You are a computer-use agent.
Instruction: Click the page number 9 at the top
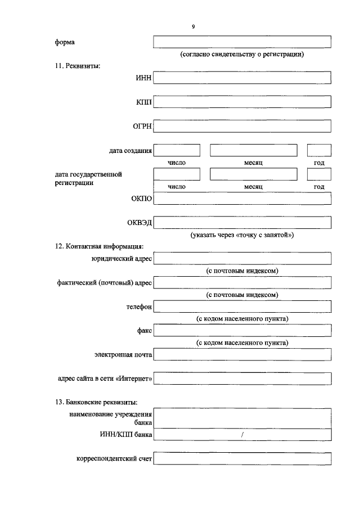coord(193,26)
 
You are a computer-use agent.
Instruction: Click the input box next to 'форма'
coord(242,42)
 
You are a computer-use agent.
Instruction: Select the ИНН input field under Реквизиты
coord(242,78)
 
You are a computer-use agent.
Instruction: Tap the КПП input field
coord(242,102)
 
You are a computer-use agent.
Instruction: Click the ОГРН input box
coord(242,126)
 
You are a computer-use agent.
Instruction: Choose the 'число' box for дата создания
coord(177,150)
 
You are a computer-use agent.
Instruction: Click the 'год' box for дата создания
coord(319,150)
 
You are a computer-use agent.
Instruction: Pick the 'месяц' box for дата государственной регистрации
coord(253,174)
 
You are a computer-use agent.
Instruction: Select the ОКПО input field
coord(242,199)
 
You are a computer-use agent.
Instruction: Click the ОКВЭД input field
coord(242,223)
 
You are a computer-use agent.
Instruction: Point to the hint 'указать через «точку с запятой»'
coord(242,235)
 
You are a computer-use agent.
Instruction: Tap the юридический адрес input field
coord(242,259)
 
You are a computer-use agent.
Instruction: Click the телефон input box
coord(242,307)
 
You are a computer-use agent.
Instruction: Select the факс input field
coord(242,331)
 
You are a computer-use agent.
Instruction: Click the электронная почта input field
coord(242,355)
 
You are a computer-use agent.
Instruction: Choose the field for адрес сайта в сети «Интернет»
coord(242,379)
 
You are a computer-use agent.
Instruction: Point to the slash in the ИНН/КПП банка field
coord(242,435)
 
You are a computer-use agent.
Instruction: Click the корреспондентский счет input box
coord(242,459)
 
